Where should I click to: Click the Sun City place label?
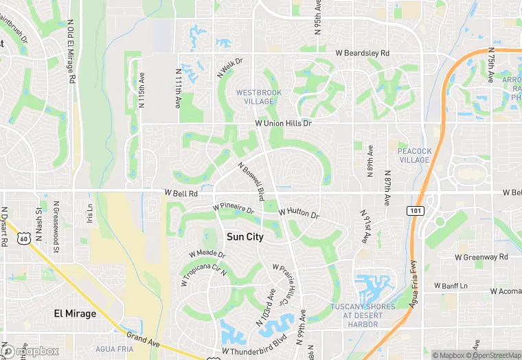coord(245,236)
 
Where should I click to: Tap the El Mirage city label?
coord(76,313)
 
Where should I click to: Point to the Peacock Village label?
coord(414,155)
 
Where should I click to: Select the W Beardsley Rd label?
coord(362,53)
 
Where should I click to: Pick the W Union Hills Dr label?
coord(283,123)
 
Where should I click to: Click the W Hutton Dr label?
coord(299,214)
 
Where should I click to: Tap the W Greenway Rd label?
coord(481,257)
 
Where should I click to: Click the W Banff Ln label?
coord(451,285)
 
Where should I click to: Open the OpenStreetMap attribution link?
coord(494,355)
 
